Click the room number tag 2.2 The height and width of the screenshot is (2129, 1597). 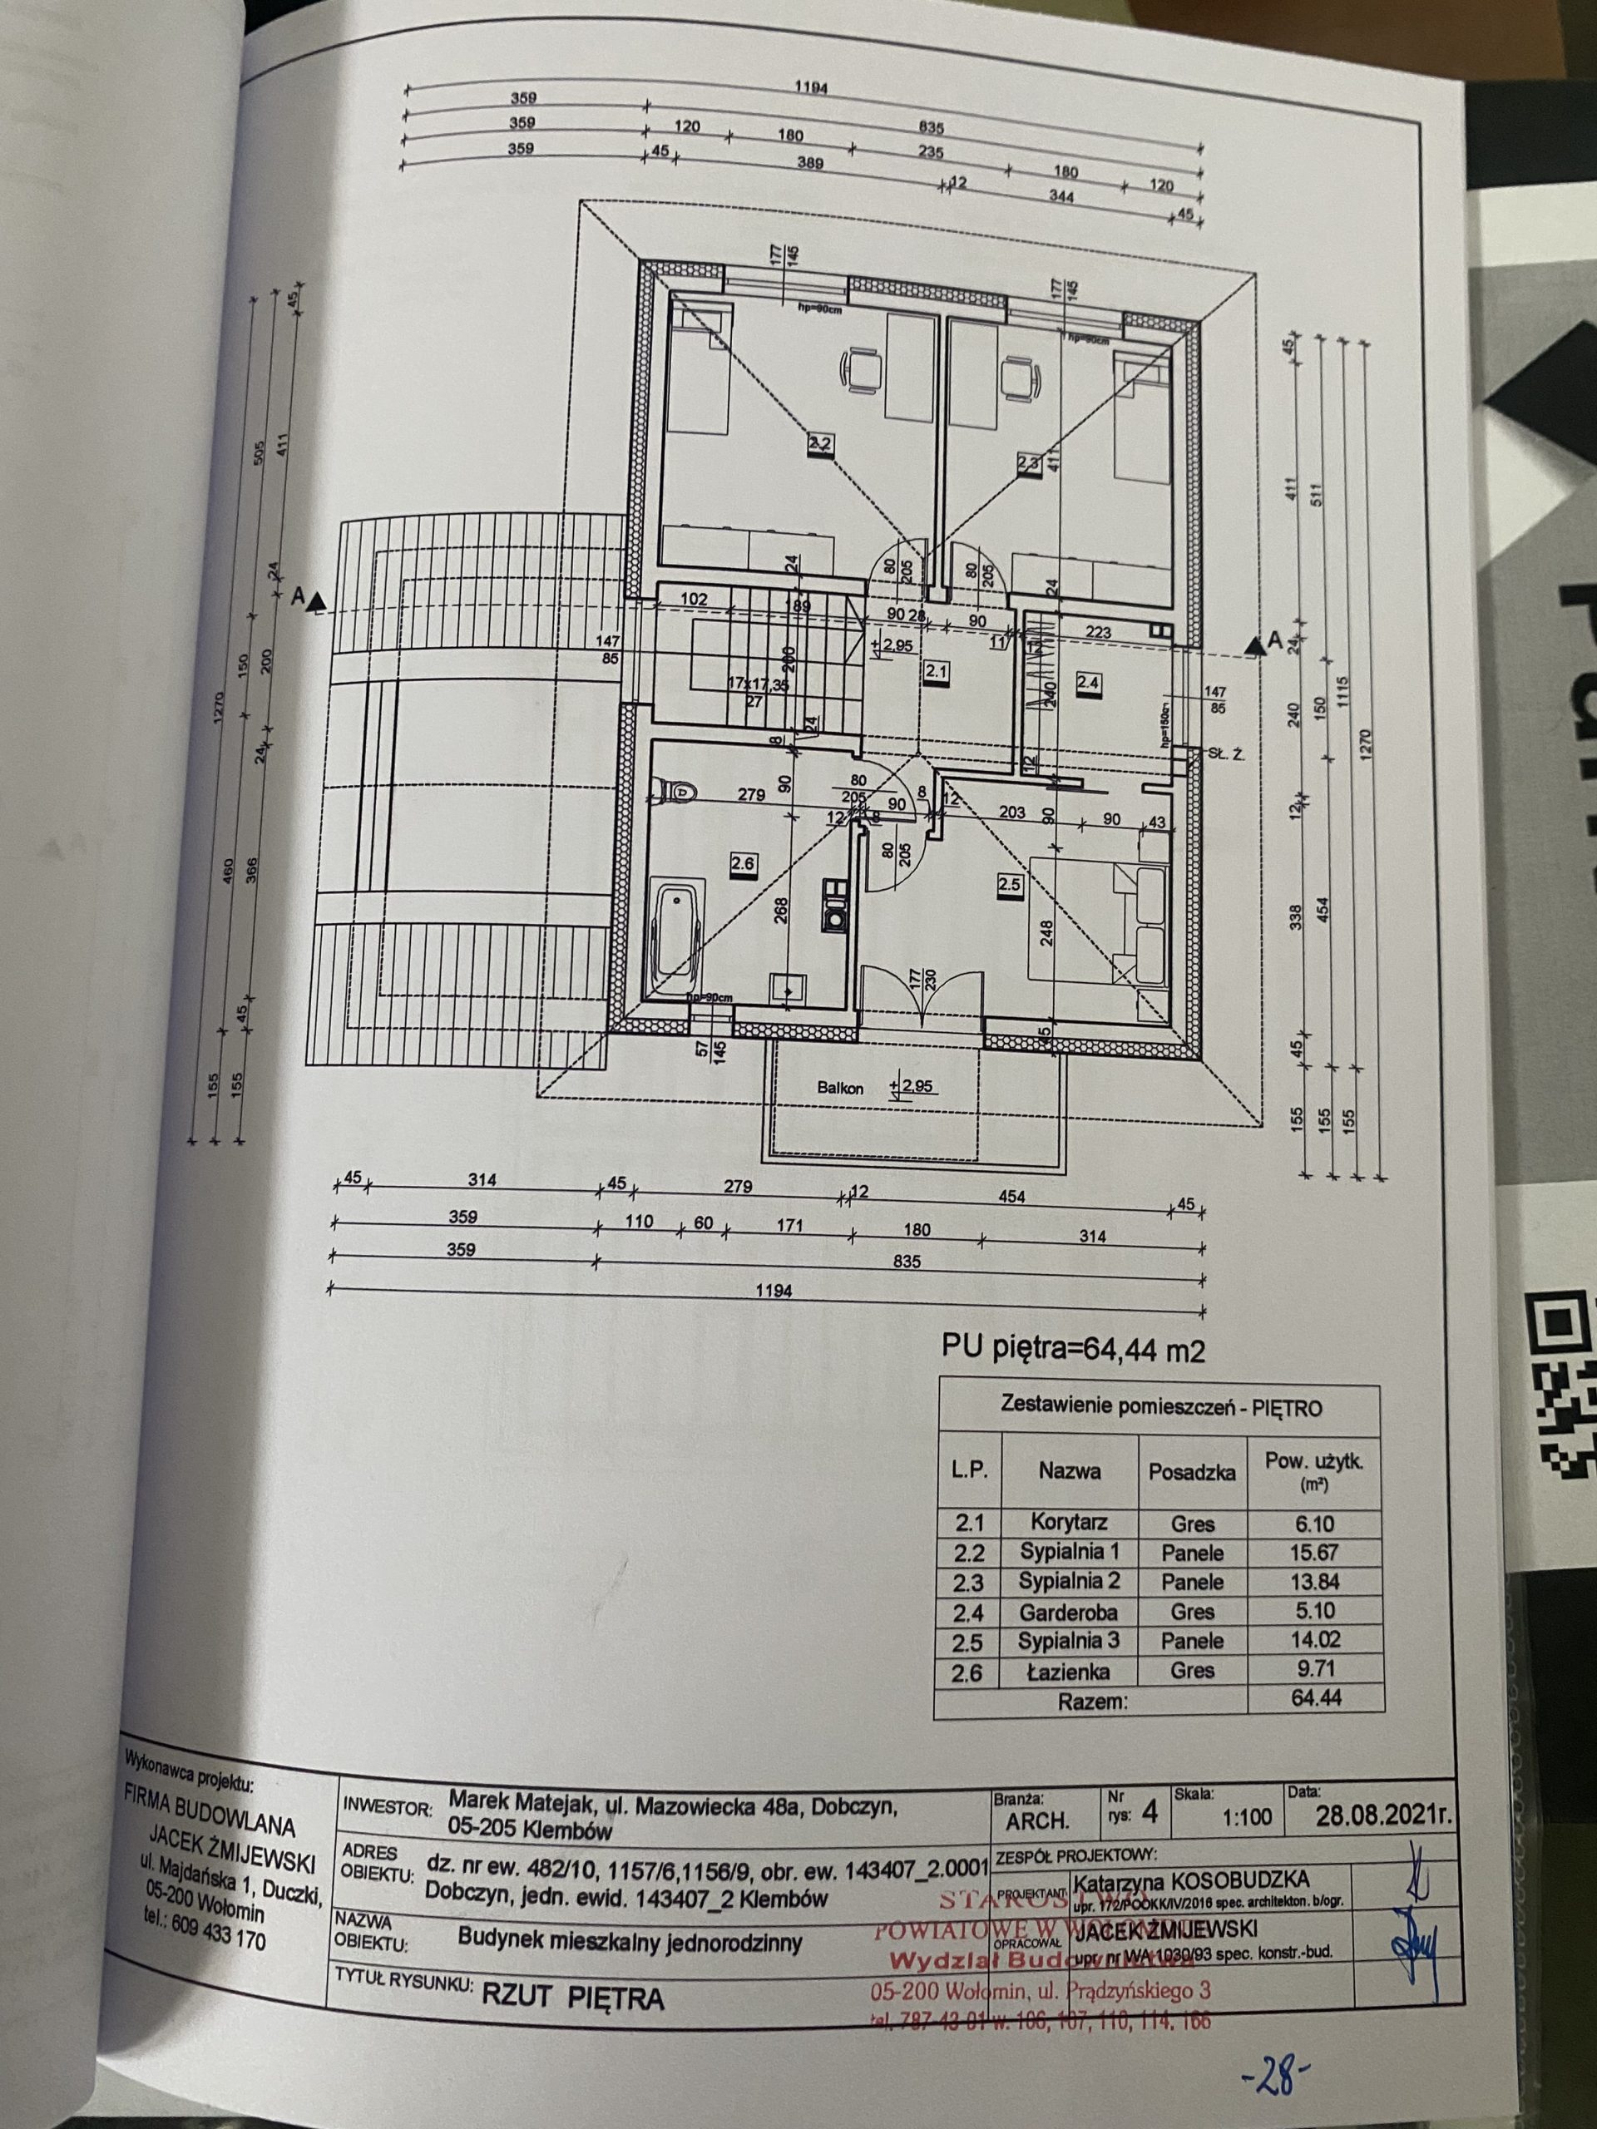click(x=819, y=444)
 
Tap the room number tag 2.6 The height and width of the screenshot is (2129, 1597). click(x=742, y=864)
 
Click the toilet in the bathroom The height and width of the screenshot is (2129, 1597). click(x=678, y=791)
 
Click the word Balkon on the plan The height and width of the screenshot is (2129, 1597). click(x=839, y=1089)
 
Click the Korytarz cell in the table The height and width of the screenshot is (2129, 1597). click(x=1069, y=1523)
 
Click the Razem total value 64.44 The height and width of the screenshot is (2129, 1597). click(x=1316, y=1699)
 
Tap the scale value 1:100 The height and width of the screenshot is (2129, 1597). click(x=1247, y=1817)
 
